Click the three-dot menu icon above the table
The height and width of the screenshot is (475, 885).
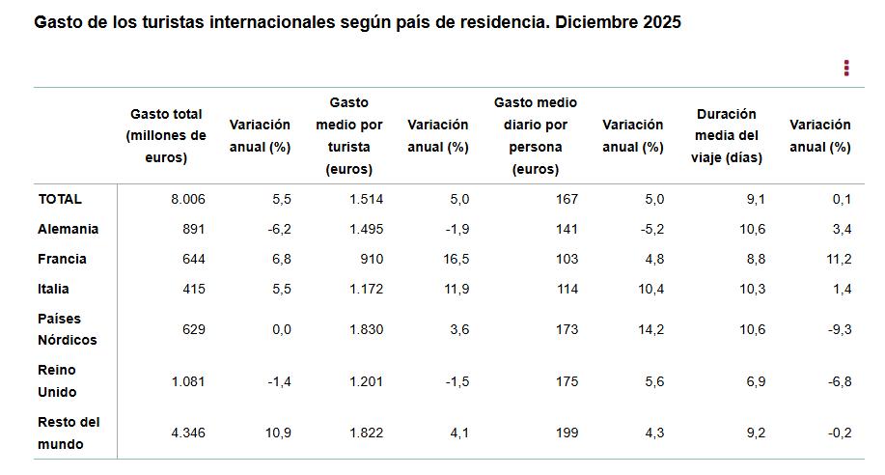846,68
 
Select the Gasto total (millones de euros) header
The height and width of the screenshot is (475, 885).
166,136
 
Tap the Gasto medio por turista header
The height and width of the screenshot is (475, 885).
349,136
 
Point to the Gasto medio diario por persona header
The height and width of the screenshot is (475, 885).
536,136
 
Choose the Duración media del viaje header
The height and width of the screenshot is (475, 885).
726,136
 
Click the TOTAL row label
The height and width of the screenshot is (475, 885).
60,199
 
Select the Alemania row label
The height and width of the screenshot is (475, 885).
68,229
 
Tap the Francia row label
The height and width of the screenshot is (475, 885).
62,259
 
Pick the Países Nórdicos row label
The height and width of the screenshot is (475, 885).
68,329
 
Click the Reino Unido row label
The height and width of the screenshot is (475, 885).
57,381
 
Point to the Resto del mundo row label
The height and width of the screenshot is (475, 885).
69,433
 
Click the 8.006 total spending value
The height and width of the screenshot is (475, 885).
188,199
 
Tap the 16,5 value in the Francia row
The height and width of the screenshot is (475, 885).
454,259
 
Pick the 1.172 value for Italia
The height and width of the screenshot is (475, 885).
365,289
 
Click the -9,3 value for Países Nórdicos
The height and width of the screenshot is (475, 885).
839,329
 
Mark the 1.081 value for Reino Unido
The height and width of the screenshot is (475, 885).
188,381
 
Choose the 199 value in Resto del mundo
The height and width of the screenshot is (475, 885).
567,433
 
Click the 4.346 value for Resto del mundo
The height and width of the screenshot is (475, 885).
188,433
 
